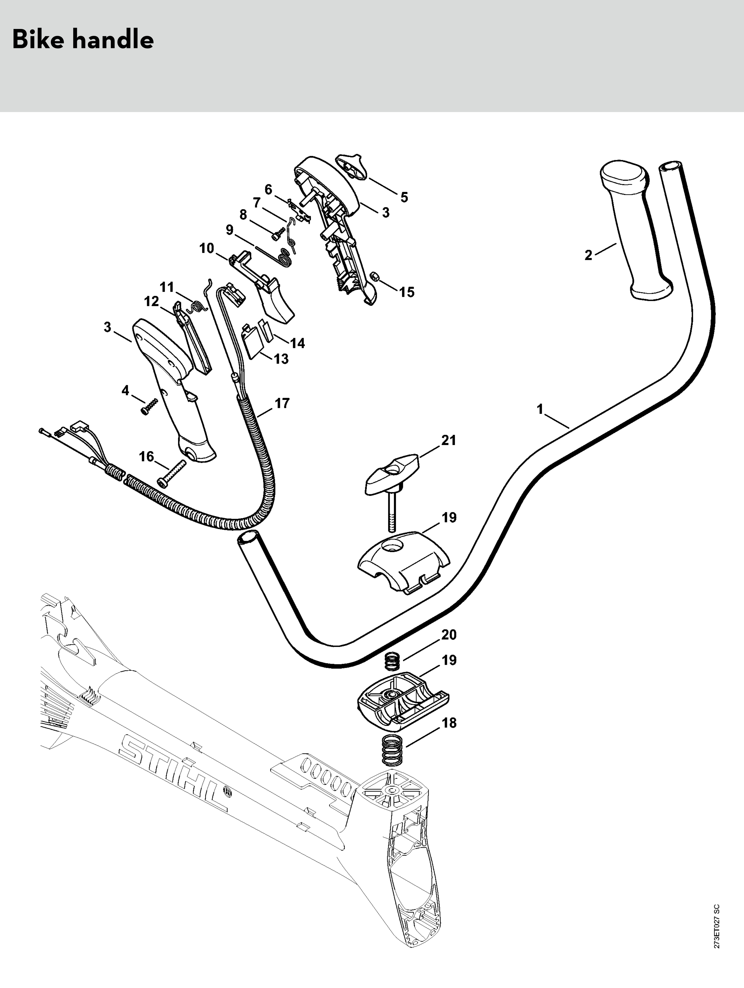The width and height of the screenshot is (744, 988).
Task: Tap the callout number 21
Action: click(449, 440)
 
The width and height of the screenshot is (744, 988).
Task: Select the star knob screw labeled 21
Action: click(391, 473)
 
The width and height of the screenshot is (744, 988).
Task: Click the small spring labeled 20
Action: click(392, 661)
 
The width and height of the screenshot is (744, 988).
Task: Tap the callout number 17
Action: click(282, 403)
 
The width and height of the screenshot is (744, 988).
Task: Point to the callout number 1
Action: click(540, 409)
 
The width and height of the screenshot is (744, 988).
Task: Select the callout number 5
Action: click(404, 197)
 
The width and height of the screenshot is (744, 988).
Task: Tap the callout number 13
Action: click(281, 359)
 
